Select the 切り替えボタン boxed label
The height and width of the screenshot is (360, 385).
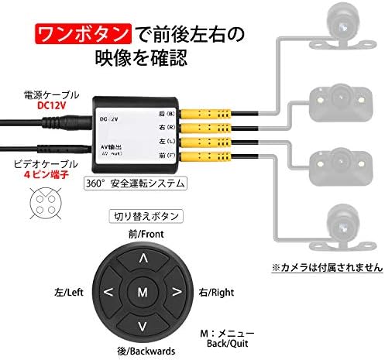point(143,215)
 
